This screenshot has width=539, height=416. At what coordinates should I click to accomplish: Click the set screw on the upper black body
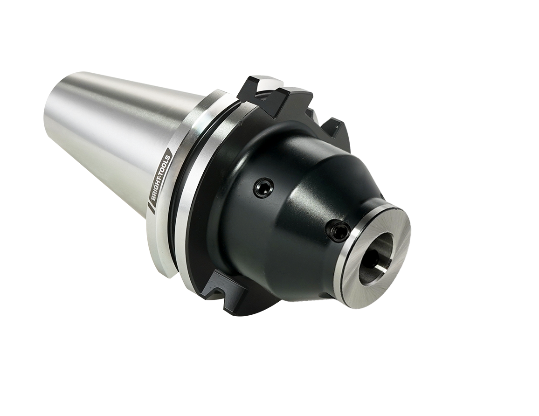263,188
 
